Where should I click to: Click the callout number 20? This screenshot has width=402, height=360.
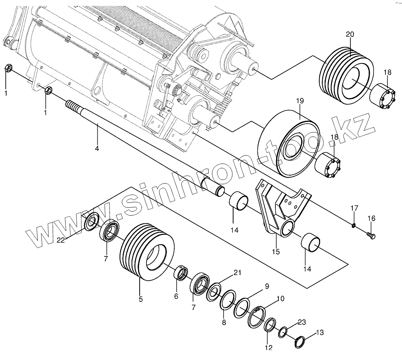[x=350, y=34]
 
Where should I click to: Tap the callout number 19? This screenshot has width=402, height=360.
[x=300, y=101]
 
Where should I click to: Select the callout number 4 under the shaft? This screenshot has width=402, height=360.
[x=97, y=148]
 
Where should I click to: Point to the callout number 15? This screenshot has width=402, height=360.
[x=275, y=252]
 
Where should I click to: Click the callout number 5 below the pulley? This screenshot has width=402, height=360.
[x=140, y=299]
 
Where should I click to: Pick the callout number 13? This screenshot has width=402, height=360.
[x=320, y=332]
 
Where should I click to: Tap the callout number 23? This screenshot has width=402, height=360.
[x=302, y=322]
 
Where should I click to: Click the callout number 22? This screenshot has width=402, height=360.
[x=61, y=240]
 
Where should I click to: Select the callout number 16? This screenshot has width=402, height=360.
[x=371, y=218]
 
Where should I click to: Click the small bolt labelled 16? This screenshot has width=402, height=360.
[x=371, y=235]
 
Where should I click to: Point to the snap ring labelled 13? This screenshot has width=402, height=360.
[x=300, y=342]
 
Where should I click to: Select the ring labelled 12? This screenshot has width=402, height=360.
[x=270, y=325]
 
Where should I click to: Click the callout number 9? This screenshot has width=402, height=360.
[x=267, y=286]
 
